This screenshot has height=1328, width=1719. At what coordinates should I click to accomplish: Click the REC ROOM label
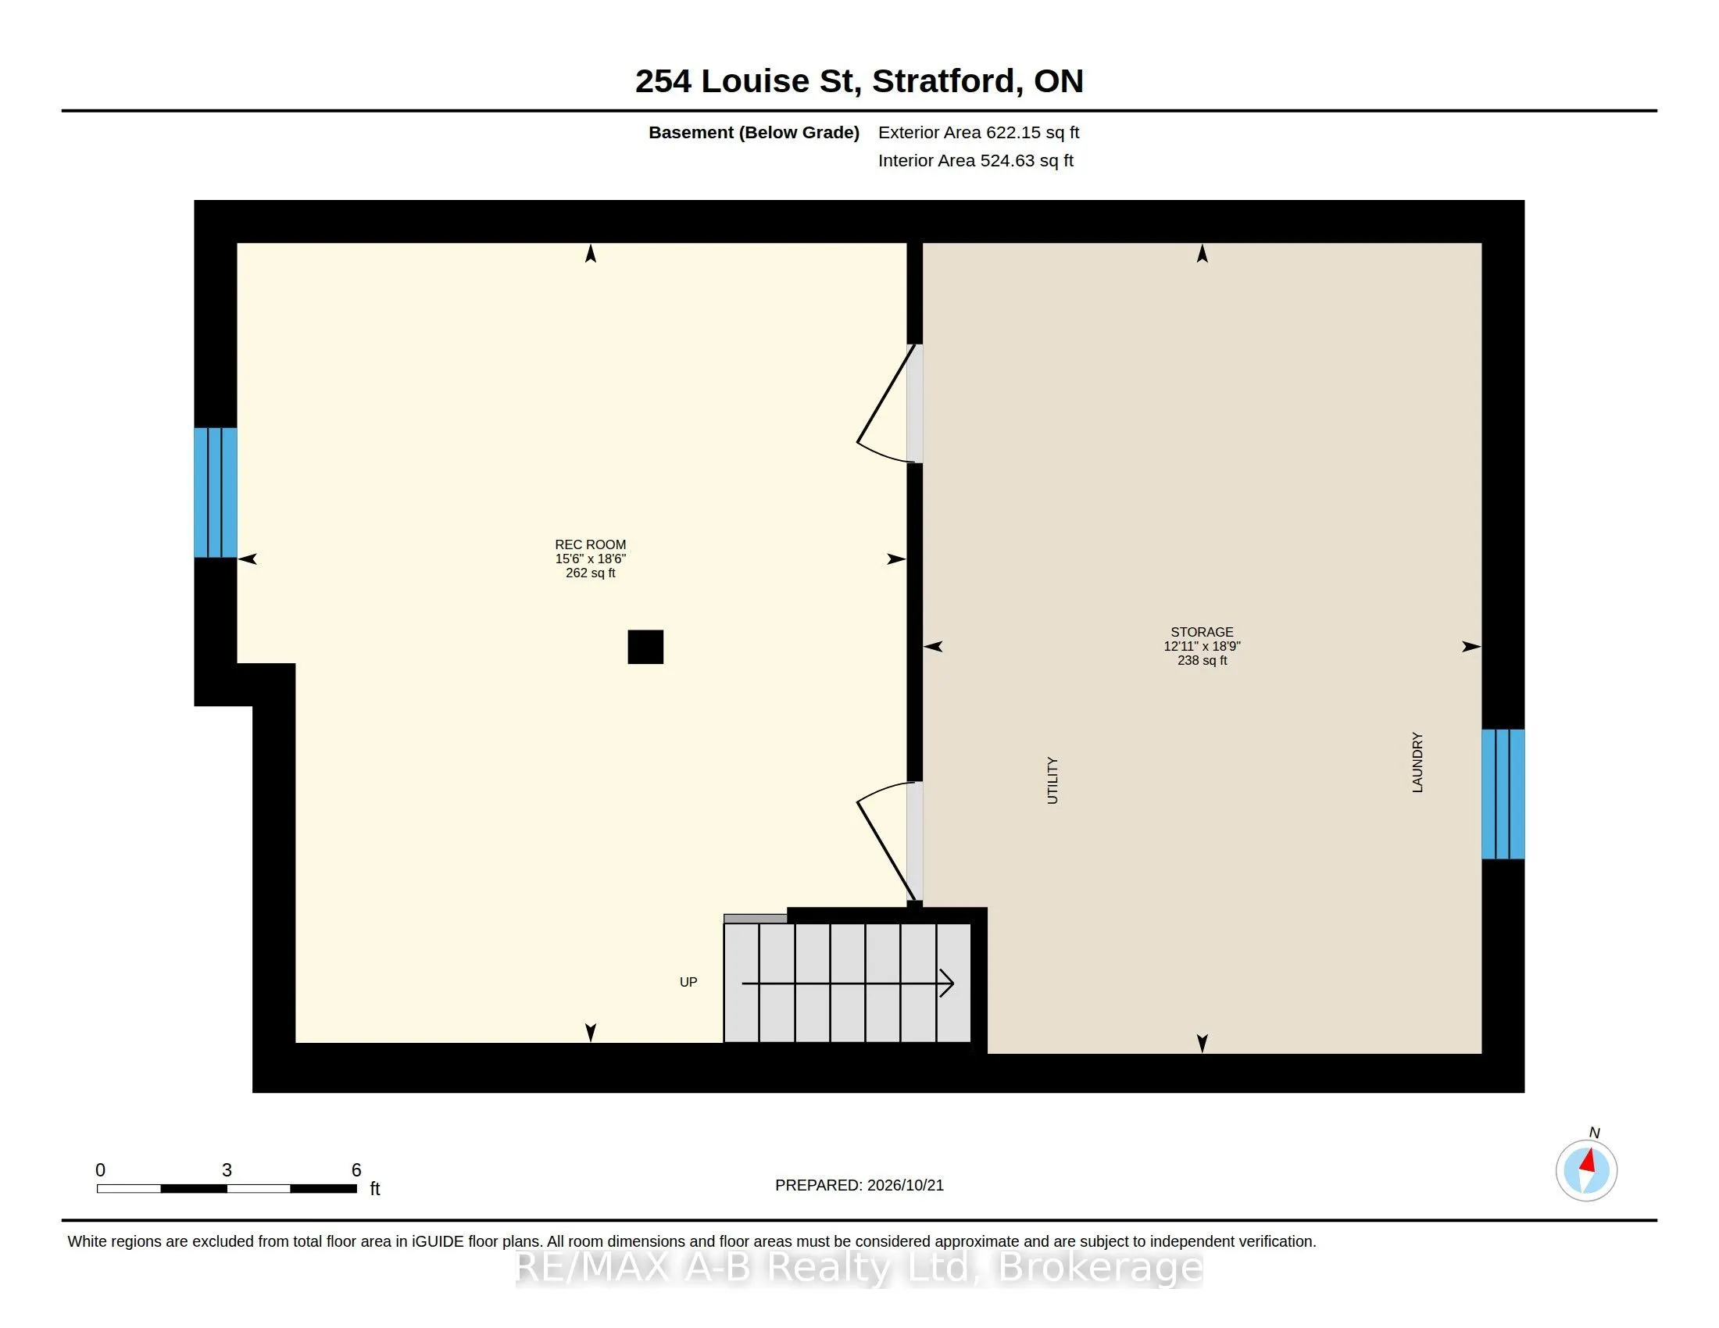(x=590, y=544)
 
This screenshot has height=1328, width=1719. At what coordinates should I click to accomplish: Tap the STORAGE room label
(x=1202, y=632)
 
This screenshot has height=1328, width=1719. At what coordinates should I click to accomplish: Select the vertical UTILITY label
(x=1052, y=780)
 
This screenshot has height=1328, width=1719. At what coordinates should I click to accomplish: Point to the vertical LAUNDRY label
(x=1417, y=762)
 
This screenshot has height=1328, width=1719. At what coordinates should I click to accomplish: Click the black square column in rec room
(x=645, y=647)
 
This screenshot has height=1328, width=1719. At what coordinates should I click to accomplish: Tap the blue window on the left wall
(x=216, y=492)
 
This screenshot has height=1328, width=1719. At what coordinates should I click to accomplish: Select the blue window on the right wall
(x=1503, y=794)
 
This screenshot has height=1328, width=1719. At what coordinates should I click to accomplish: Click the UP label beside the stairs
(x=688, y=982)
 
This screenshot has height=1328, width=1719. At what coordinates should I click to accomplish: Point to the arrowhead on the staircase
(x=948, y=983)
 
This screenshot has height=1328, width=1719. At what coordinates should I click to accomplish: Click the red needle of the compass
(x=1589, y=1160)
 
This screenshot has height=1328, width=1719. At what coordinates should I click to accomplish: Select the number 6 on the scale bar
(x=356, y=1170)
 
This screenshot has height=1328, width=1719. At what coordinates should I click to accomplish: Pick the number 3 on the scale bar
(x=227, y=1170)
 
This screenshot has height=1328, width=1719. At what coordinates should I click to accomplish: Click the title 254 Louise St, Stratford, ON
(x=859, y=81)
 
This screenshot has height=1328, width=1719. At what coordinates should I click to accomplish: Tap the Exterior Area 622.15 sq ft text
(x=978, y=132)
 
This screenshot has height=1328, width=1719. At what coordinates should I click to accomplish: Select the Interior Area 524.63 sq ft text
(x=976, y=160)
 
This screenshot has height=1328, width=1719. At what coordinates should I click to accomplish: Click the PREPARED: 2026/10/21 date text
(x=859, y=1185)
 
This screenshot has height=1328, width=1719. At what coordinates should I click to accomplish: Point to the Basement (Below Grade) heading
(x=754, y=132)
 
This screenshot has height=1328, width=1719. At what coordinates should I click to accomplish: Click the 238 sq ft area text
(x=1202, y=660)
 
